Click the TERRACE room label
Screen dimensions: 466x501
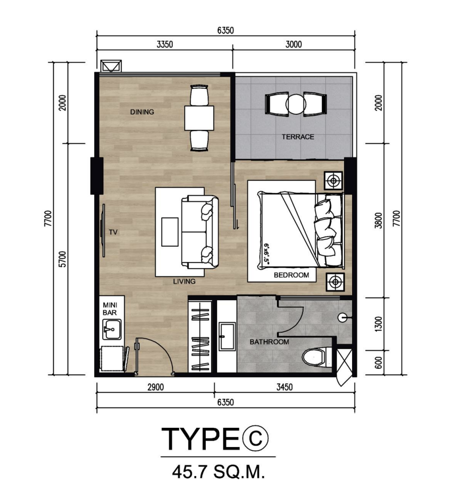[298, 137]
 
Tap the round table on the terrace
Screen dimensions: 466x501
[296, 104]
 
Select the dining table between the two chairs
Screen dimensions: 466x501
[199, 118]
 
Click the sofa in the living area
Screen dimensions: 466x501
[200, 232]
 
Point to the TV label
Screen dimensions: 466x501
[113, 232]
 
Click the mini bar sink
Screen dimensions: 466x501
[111, 329]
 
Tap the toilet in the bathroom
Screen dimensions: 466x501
[314, 357]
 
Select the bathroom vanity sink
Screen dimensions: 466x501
[227, 336]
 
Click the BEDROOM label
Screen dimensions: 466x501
[291, 275]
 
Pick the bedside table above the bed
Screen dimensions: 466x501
[333, 181]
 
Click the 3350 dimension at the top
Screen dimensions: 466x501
[165, 44]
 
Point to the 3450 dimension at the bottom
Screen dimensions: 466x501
[284, 387]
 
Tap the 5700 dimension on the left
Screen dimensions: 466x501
[63, 260]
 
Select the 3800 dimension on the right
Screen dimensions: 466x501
[378, 220]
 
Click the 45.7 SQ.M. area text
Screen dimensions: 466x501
[219, 471]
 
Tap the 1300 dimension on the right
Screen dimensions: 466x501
[378, 324]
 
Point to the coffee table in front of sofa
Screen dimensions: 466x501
[170, 232]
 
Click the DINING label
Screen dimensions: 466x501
[142, 112]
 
